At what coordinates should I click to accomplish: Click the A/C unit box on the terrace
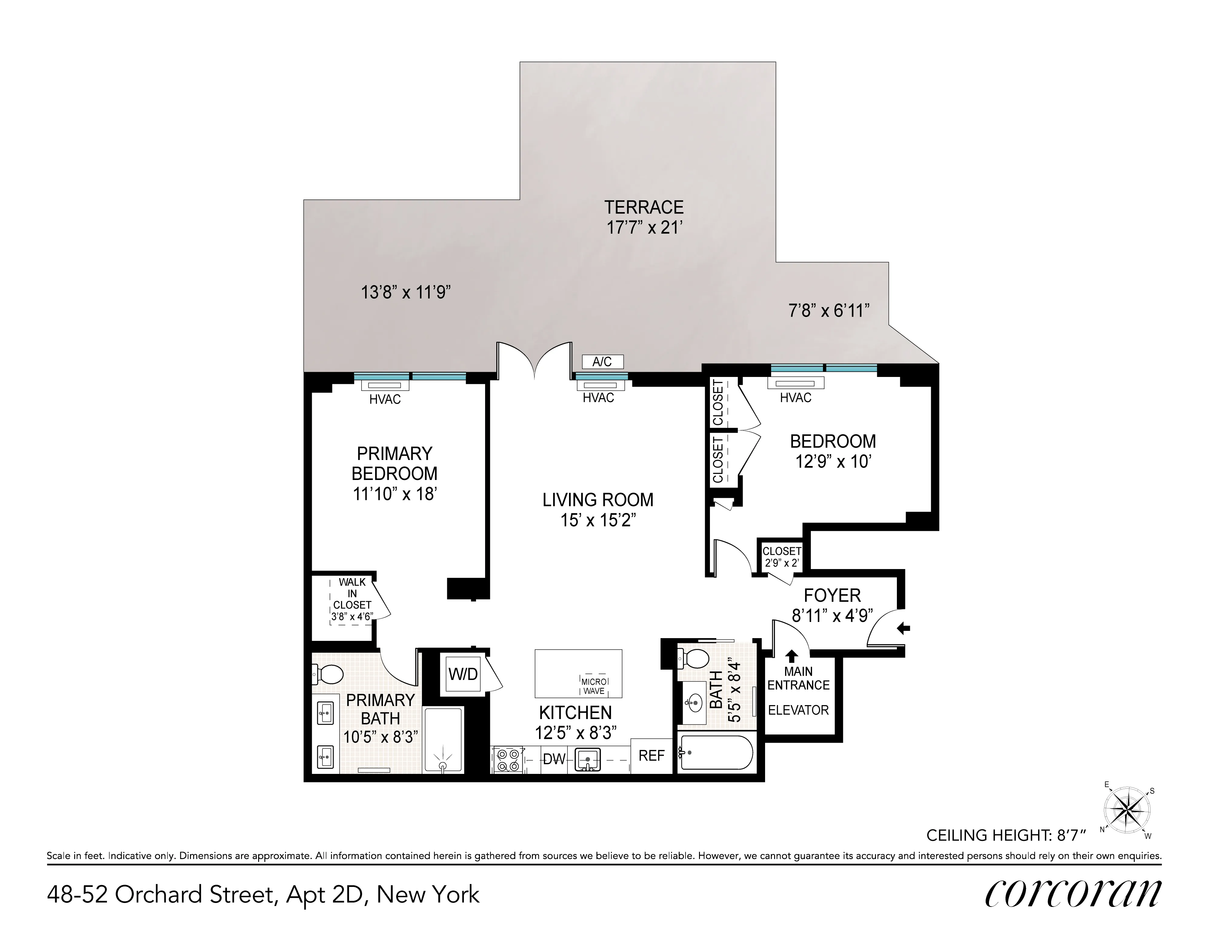coord(602,362)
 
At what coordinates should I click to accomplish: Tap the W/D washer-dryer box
coord(463,674)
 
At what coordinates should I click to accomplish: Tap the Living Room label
coord(598,500)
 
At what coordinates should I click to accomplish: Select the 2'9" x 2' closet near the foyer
coord(781,557)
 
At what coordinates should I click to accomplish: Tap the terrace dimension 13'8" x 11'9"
coord(406,292)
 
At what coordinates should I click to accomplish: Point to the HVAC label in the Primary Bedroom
coord(385,399)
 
